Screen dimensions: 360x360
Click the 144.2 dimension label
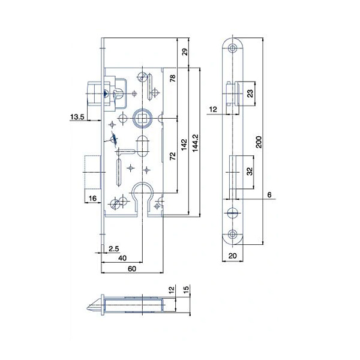(x=195, y=143)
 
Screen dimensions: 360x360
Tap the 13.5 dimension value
(x=77, y=117)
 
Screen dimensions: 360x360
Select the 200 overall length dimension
(x=259, y=142)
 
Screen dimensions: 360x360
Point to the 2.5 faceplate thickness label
(x=114, y=248)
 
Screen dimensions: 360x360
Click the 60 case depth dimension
(x=132, y=269)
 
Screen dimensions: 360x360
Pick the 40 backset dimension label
(x=122, y=258)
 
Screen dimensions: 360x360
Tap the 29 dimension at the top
(x=185, y=52)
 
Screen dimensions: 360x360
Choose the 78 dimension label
(x=173, y=78)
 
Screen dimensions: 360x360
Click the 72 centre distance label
(x=173, y=156)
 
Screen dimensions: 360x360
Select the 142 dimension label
(x=184, y=145)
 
